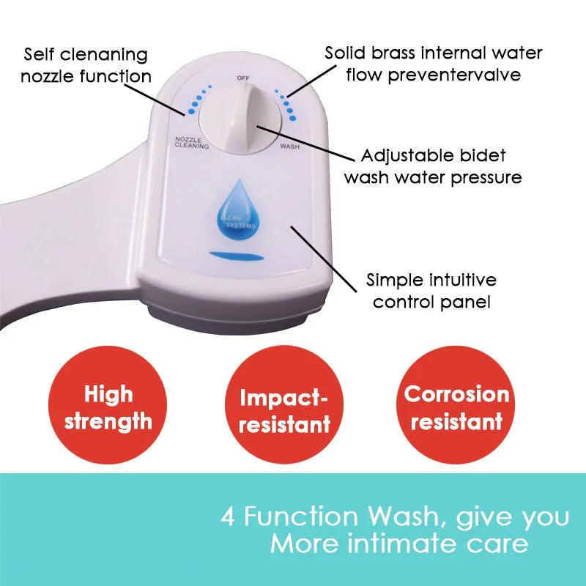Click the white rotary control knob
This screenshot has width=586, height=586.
237,116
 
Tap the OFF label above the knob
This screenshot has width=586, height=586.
242,77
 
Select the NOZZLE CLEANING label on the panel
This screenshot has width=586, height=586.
191,142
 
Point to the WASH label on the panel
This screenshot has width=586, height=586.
289,146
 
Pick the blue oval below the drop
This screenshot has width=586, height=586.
231,255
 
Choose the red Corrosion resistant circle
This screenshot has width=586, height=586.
456,406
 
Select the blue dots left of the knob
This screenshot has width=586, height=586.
194,105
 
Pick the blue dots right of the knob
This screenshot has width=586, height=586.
286,103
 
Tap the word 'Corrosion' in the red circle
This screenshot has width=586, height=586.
456,394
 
